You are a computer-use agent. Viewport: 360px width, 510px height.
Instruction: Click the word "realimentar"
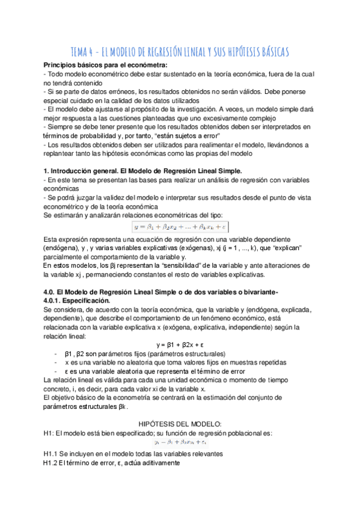[x=224, y=145]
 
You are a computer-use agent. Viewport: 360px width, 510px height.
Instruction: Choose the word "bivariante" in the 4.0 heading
[x=257, y=292]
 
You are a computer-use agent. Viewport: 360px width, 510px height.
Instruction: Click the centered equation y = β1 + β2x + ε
[x=180, y=345]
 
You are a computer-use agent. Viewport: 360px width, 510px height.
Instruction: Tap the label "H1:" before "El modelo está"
[x=50, y=433]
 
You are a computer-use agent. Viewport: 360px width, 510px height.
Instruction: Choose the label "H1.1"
[x=52, y=453]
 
